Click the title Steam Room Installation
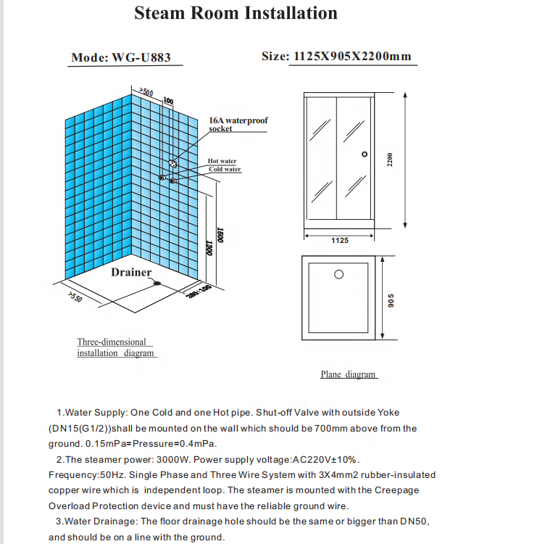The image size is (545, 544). click(x=236, y=13)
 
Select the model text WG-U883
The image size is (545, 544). click(x=141, y=57)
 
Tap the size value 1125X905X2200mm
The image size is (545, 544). click(x=352, y=57)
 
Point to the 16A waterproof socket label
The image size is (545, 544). click(x=238, y=124)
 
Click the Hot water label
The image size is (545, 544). click(x=222, y=161)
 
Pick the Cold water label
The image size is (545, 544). click(x=225, y=170)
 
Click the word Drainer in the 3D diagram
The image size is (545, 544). click(x=131, y=273)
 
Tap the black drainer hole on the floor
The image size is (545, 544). click(x=157, y=283)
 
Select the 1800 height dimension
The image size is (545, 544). click(x=220, y=234)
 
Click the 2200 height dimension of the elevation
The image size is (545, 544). click(x=389, y=160)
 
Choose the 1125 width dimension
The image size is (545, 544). click(x=340, y=240)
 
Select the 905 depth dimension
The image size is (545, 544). click(x=389, y=299)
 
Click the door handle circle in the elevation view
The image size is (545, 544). click(x=365, y=154)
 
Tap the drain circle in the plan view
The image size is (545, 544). click(x=338, y=275)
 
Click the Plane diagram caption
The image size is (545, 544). click(x=349, y=375)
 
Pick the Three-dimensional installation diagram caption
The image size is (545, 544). click(x=116, y=347)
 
